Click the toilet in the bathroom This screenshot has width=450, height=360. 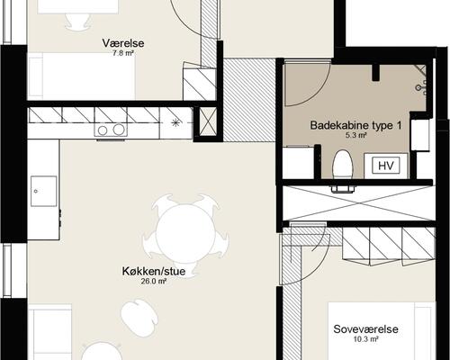pyautogui.click(x=342, y=167)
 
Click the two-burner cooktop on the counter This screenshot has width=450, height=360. pyautogui.click(x=110, y=130)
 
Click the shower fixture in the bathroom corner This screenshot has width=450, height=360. pyautogui.click(x=421, y=85)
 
